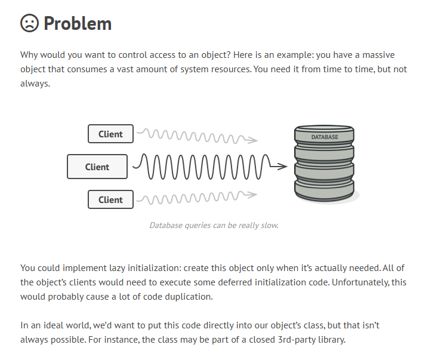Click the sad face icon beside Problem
29,23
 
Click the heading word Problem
78,23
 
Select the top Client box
111,134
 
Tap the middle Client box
97,167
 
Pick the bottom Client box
111,199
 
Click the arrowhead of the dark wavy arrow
283,167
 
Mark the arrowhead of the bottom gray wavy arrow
252,194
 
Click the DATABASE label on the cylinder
325,137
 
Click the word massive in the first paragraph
378,55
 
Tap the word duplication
189,297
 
